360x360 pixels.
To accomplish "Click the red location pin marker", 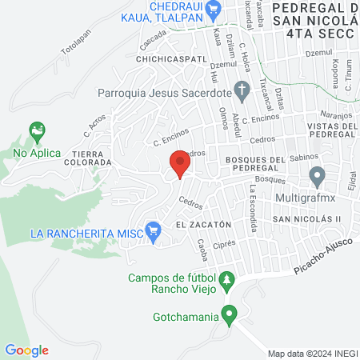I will tap(181, 166).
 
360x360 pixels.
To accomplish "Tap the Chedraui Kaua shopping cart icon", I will tap(213, 10).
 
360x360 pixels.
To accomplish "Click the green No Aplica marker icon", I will tap(36, 130).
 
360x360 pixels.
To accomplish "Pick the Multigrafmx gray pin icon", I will tap(318, 174).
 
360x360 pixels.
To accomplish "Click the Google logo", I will tap(26, 350).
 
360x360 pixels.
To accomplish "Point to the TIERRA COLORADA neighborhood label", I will tap(91, 157).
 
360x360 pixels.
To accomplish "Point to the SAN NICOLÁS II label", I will tap(306, 218).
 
